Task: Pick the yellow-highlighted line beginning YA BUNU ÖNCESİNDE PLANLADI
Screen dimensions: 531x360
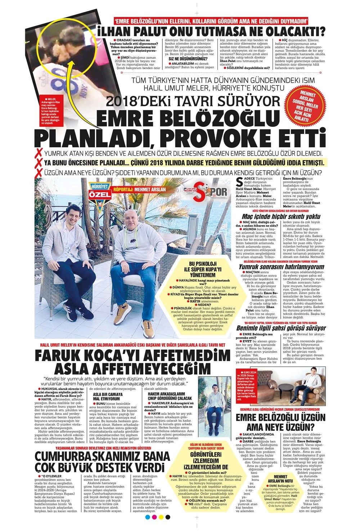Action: coord(184,162)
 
